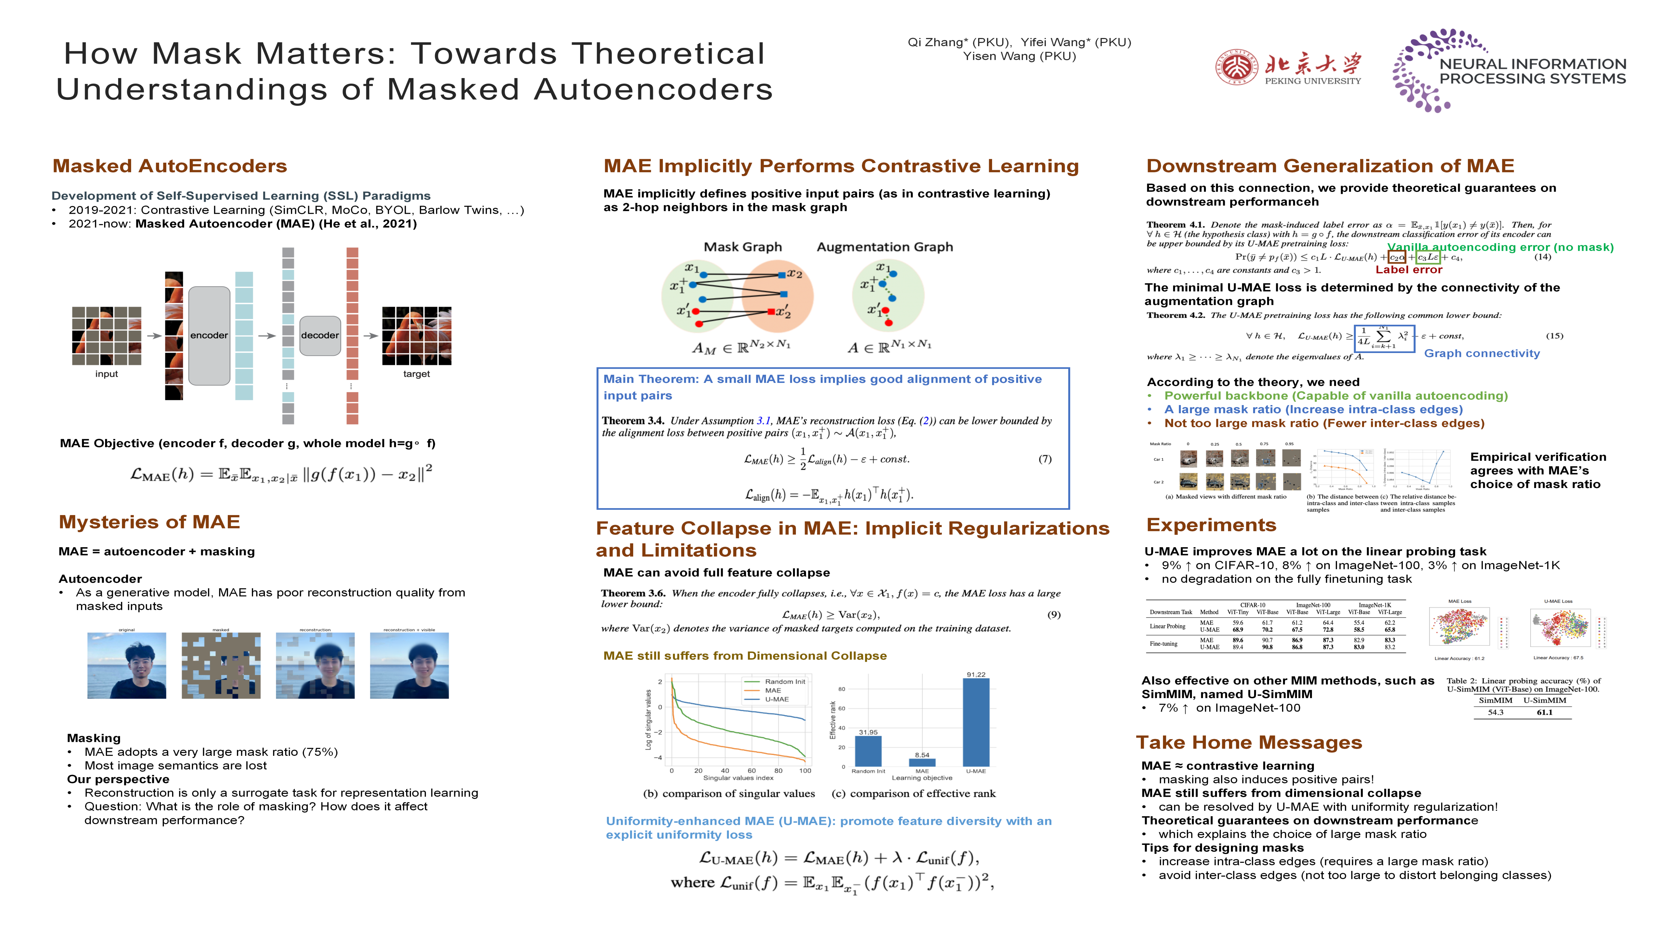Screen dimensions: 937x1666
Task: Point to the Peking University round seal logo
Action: click(x=1236, y=67)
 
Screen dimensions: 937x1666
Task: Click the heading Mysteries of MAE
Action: click(x=149, y=522)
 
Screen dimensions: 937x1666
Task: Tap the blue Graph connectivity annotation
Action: click(x=1482, y=353)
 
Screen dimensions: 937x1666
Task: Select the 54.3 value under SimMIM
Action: click(x=1495, y=712)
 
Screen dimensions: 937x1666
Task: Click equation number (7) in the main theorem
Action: click(x=1045, y=459)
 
